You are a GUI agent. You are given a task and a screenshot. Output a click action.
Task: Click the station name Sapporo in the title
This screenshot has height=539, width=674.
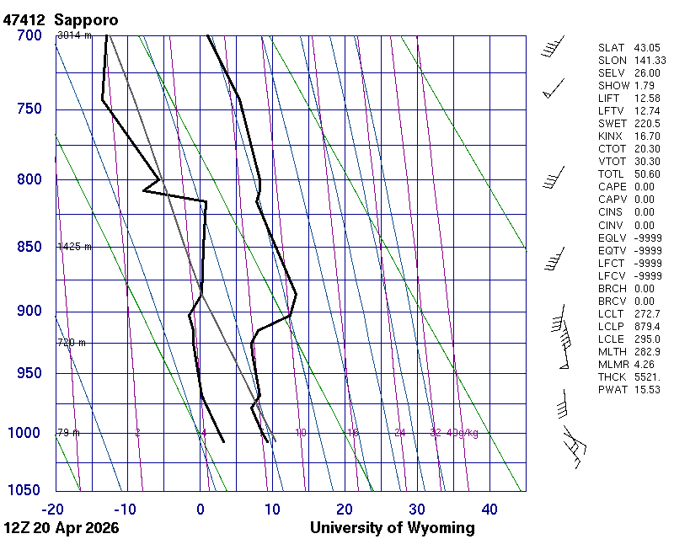[x=86, y=19]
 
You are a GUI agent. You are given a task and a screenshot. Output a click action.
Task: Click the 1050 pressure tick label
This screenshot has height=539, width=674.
[x=24, y=490]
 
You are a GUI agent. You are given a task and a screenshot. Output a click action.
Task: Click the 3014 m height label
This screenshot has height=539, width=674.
[x=74, y=35]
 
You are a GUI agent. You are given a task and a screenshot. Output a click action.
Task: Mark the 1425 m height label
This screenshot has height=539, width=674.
[x=74, y=247]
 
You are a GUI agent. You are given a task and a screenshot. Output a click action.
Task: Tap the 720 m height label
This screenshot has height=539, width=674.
[x=72, y=343]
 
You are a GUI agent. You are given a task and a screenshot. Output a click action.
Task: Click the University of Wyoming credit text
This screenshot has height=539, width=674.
[x=392, y=528]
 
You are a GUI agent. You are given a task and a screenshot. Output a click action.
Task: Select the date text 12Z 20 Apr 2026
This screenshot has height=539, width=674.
[x=62, y=528]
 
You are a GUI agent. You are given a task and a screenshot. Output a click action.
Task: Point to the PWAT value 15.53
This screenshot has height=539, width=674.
[x=647, y=389]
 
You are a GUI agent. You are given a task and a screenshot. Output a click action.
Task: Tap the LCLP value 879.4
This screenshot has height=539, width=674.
[x=647, y=326]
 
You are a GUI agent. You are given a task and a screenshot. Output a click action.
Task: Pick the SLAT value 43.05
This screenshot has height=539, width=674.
[x=647, y=48]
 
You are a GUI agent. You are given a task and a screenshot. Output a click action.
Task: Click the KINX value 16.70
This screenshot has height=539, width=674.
[x=647, y=136]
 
